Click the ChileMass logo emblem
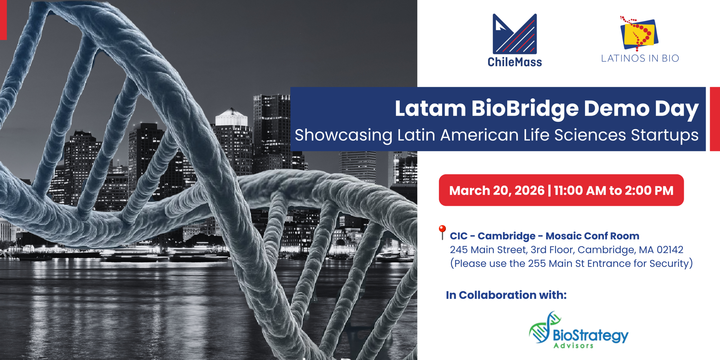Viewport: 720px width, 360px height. (x=515, y=34)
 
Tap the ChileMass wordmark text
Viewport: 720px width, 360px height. (x=515, y=62)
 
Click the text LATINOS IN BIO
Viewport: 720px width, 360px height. (x=640, y=58)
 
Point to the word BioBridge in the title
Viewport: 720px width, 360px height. (x=525, y=109)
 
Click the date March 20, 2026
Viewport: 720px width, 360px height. (x=497, y=191)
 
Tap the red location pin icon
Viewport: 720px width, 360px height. (x=442, y=232)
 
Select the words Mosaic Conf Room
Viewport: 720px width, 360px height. (x=592, y=236)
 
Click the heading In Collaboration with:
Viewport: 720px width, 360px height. (x=506, y=295)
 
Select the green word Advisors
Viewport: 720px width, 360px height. (x=573, y=345)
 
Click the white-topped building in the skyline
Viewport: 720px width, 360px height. (x=231, y=117)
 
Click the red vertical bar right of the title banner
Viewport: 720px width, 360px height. (x=715, y=119)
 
